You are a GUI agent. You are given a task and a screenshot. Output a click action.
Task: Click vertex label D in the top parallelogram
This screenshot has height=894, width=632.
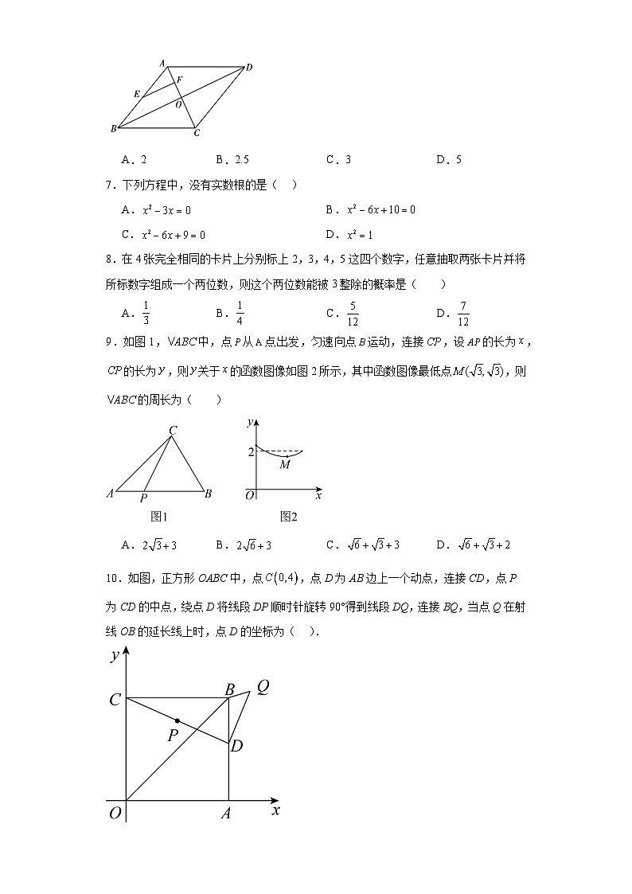(x=249, y=68)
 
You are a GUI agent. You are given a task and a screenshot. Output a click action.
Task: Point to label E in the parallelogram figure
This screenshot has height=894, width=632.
(x=137, y=95)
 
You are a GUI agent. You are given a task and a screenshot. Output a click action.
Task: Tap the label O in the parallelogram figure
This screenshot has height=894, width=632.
(x=178, y=104)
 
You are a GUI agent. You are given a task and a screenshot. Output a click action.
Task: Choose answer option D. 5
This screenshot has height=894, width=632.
(x=449, y=159)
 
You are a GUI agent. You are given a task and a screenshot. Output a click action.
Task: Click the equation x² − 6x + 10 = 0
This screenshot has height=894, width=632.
(x=381, y=210)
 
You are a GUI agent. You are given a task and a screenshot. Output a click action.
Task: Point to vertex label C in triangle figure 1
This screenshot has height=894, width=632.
(x=173, y=431)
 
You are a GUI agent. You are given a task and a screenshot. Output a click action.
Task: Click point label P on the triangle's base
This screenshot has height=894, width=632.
(x=143, y=498)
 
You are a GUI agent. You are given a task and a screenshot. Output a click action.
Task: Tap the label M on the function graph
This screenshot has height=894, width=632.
(x=284, y=464)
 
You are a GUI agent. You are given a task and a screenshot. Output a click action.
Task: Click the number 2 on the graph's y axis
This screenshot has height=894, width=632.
(x=250, y=452)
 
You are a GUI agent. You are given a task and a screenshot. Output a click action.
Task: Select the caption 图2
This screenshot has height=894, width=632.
(x=288, y=517)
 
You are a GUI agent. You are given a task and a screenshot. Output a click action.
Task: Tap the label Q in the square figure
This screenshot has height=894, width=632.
(x=262, y=686)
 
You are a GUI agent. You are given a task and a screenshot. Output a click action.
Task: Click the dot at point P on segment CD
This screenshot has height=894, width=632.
(x=177, y=721)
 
